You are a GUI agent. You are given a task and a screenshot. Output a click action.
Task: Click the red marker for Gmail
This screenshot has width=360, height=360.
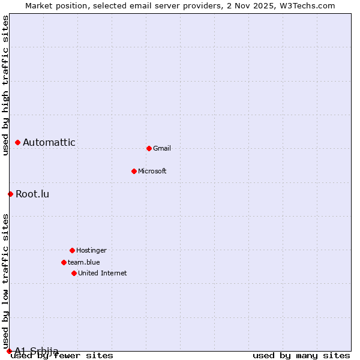[149, 148]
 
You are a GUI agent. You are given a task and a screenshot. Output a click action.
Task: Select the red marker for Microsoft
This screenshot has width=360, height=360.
[134, 171]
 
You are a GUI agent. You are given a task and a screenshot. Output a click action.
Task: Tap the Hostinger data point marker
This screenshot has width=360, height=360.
[72, 250]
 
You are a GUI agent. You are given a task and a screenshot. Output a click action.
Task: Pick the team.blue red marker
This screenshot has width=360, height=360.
[64, 262]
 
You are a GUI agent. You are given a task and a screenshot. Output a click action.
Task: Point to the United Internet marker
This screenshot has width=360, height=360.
[74, 273]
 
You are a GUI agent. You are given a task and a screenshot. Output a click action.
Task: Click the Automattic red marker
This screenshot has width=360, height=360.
[17, 142]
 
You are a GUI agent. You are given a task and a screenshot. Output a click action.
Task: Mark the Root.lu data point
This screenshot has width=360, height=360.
[10, 194]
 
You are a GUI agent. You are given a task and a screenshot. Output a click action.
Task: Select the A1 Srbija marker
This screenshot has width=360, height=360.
[9, 351]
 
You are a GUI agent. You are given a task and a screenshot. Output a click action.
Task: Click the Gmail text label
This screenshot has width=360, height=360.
[162, 148]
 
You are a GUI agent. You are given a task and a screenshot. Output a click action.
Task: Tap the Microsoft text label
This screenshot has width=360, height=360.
[152, 171]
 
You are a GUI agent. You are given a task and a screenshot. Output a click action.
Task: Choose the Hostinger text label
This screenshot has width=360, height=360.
[91, 250]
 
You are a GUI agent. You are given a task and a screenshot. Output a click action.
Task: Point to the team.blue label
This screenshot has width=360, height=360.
[84, 262]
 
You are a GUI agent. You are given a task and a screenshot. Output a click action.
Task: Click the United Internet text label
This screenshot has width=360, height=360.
[103, 273]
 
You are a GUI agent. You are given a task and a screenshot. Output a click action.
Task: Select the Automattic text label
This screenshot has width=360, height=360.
[49, 142]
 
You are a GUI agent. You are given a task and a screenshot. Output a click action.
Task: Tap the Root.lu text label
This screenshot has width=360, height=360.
[32, 194]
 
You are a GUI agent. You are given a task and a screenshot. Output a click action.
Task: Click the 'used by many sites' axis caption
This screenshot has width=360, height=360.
[301, 356]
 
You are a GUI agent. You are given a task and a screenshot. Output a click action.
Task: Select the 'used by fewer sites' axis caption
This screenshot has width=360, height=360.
[62, 356]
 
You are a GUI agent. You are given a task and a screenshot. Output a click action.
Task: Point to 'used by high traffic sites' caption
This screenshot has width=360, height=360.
[5, 85]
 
